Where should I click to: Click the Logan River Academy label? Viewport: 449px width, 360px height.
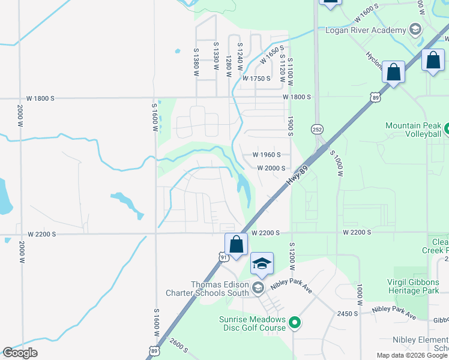pos(364,31)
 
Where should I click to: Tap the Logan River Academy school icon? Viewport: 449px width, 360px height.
pos(415,29)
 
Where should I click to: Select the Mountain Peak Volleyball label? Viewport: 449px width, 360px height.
pos(413,129)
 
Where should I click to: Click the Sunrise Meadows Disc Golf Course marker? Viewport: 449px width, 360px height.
pos(294,323)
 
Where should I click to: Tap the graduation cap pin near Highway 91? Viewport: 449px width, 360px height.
pos(262,264)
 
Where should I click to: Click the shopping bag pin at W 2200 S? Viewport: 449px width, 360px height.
pos(237,245)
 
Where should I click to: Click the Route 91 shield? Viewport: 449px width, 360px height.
pos(223,257)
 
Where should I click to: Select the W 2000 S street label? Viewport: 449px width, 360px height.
pos(271,169)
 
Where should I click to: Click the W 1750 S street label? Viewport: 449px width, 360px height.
pos(257,79)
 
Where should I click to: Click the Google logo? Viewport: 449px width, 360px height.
pos(20,353)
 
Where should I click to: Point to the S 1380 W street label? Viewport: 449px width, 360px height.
pos(196,62)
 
